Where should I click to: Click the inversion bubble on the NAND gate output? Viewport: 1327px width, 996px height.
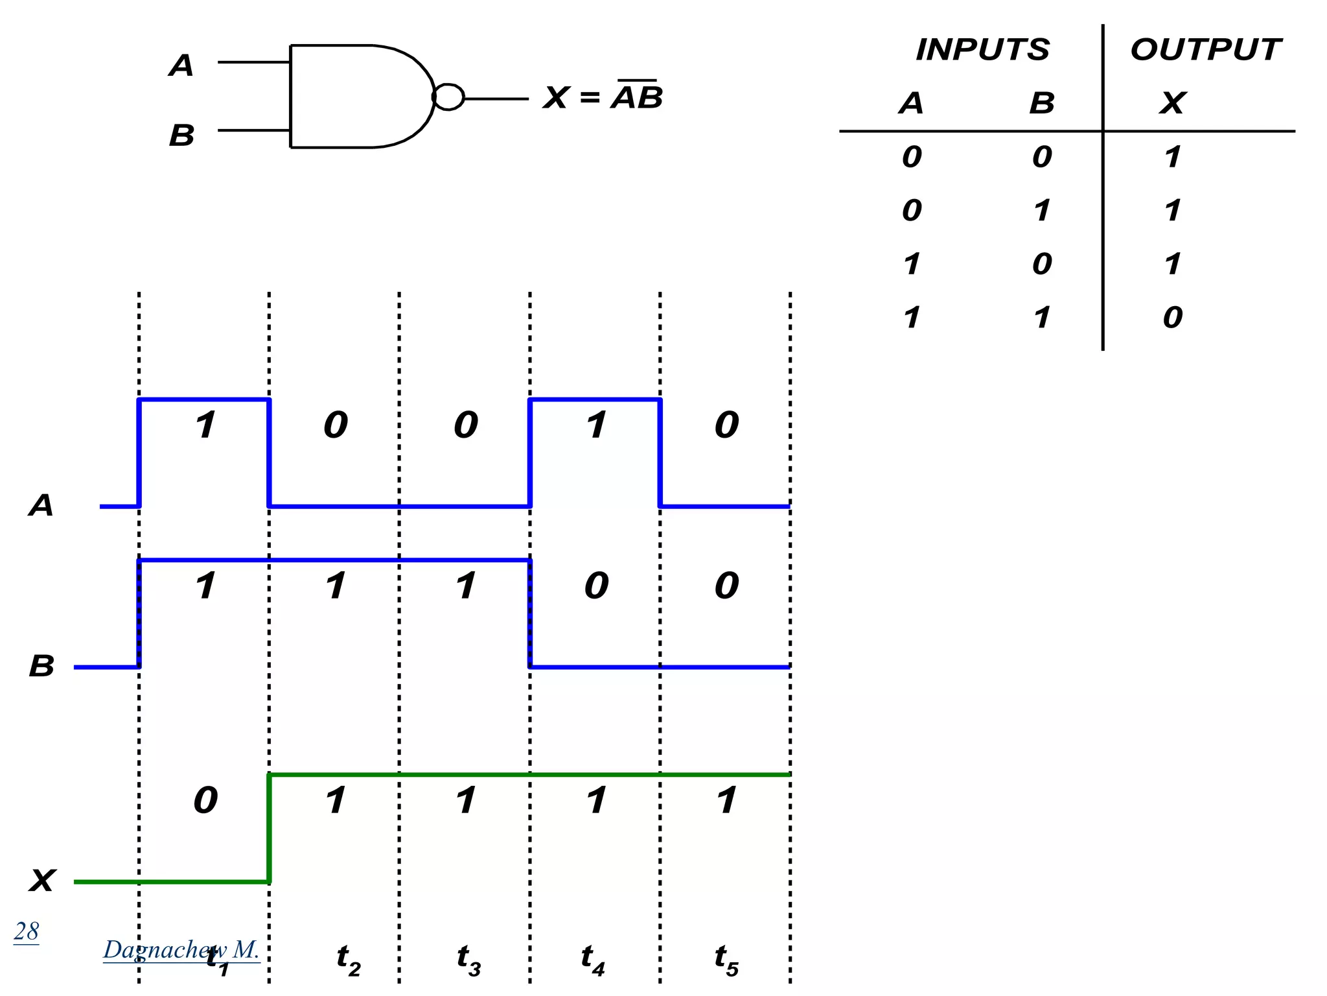448,97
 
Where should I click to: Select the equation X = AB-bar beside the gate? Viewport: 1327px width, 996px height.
603,97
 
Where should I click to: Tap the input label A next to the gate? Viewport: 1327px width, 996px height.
181,65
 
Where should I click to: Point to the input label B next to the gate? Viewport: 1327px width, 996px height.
181,136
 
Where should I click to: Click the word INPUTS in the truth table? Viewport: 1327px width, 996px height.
982,50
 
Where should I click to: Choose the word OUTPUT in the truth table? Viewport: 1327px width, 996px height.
1205,50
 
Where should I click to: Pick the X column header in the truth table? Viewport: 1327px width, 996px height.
1173,103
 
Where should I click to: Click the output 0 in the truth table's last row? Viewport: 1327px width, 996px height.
1173,317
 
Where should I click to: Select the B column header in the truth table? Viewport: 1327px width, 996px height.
1042,103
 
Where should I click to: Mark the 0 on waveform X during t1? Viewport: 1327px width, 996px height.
206,800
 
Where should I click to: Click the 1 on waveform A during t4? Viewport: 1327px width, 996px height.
596,425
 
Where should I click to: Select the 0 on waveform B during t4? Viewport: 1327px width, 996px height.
596,586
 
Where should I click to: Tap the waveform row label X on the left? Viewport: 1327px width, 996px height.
42,881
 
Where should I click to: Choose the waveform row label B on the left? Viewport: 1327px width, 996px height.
42,666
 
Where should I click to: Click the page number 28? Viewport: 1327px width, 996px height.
27,931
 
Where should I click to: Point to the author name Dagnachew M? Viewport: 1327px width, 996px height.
181,949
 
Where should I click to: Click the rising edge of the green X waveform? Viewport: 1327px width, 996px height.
270,828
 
